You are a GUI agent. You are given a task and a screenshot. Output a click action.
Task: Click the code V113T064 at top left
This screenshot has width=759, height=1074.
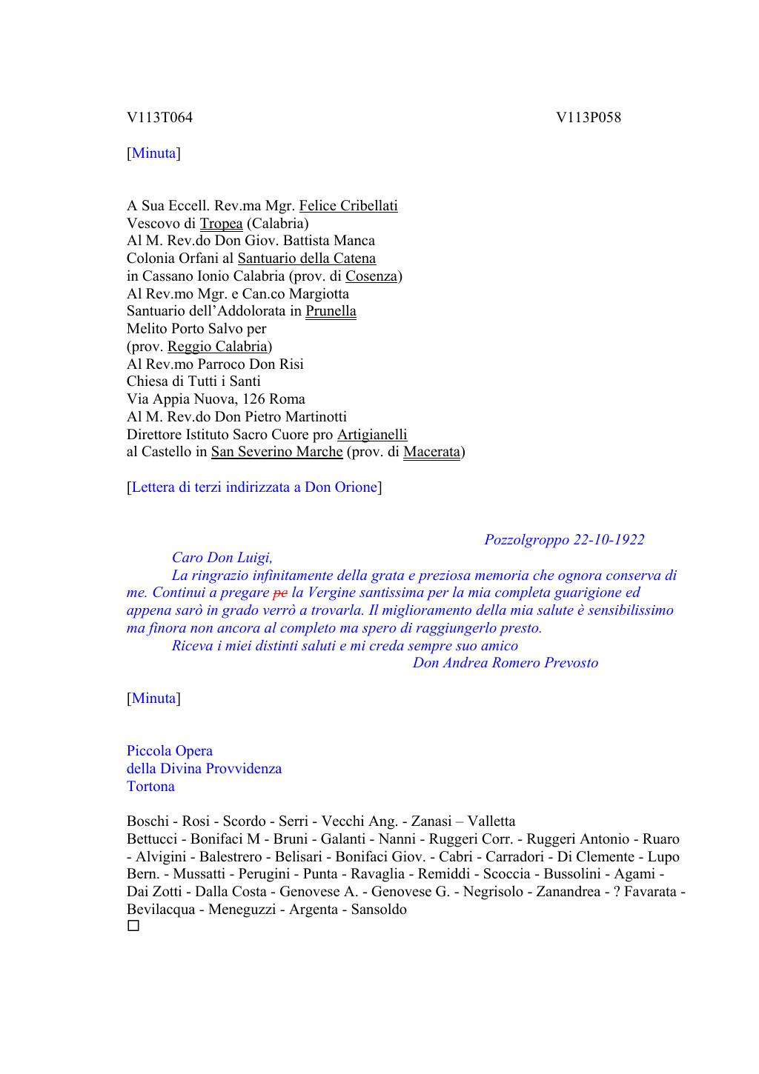tap(159, 118)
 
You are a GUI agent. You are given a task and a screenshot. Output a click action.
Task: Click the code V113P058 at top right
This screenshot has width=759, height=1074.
tap(589, 118)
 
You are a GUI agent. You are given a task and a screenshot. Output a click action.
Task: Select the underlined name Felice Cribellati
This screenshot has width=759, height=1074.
tap(348, 206)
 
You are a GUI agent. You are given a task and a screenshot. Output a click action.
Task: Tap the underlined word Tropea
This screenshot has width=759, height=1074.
tap(221, 224)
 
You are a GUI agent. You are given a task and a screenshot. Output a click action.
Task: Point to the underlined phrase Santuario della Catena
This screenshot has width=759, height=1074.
tap(306, 259)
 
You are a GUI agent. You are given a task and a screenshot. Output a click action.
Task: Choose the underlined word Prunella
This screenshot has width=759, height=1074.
tap(331, 311)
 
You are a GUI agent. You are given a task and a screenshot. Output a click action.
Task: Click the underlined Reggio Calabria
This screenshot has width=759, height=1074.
tap(217, 347)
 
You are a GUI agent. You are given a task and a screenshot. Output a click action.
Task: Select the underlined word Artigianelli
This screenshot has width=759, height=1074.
tap(372, 435)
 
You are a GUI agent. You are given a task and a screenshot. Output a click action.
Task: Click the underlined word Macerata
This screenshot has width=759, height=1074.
tap(431, 452)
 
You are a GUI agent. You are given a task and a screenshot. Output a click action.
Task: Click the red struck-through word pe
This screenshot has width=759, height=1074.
tap(280, 593)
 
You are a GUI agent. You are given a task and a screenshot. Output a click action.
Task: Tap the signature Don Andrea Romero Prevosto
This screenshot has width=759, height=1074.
tap(506, 663)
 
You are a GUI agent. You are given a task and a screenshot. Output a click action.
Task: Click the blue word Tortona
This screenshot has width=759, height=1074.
tap(150, 787)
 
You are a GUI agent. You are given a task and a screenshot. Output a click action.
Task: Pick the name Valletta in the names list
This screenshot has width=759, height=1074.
tap(491, 821)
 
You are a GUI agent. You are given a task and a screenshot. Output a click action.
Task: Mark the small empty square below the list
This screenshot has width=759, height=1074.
tap(133, 926)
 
